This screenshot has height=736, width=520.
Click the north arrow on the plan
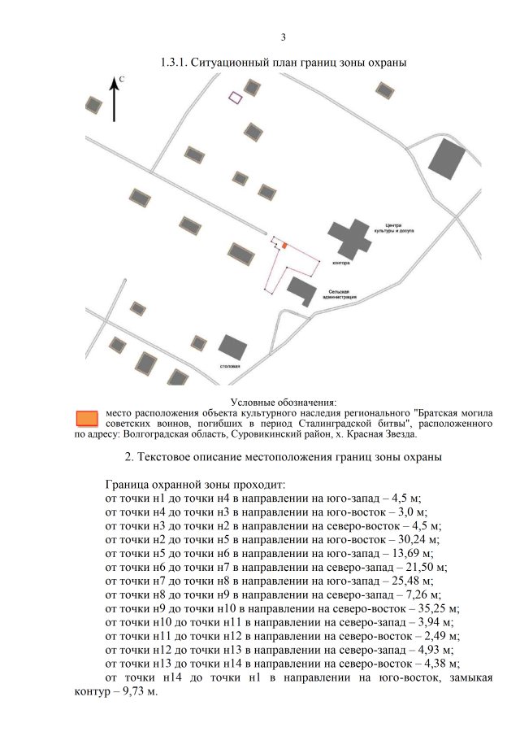(114, 99)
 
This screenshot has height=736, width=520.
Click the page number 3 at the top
(284, 37)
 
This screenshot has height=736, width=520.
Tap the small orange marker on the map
(284, 245)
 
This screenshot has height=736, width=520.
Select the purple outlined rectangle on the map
(236, 98)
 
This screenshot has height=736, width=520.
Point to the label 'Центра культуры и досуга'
(394, 229)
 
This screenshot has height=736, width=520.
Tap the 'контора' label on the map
(341, 263)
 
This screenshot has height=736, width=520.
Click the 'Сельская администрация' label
(339, 294)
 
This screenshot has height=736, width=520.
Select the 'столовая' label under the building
(230, 366)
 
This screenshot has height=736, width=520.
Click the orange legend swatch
(87, 418)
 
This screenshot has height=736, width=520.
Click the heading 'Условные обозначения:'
(284, 403)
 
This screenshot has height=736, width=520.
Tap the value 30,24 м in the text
(418, 539)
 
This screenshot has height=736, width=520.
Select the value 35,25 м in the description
(439, 609)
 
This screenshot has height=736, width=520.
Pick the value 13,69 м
(419, 553)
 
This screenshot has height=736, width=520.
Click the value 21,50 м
(427, 567)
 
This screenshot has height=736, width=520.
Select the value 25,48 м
(413, 581)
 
